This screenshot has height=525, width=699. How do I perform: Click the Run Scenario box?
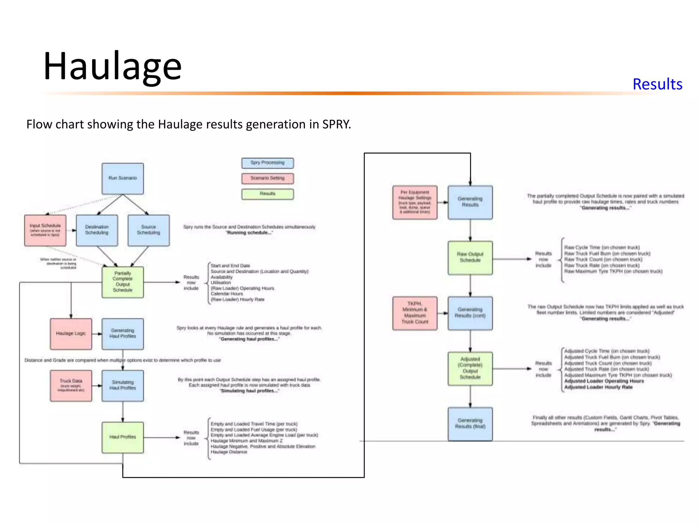(x=123, y=178)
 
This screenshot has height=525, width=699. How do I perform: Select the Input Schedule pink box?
(x=45, y=230)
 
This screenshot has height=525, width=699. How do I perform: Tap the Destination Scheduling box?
(x=97, y=230)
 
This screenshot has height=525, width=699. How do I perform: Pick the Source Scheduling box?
(x=148, y=230)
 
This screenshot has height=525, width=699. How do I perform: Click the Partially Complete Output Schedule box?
(x=123, y=282)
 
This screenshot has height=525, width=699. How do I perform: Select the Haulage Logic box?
(x=71, y=334)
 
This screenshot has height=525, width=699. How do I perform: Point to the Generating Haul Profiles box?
(x=123, y=334)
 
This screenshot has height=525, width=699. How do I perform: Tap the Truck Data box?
(x=71, y=386)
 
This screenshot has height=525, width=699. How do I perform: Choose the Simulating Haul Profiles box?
(x=123, y=386)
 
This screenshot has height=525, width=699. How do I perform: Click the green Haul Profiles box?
(x=123, y=437)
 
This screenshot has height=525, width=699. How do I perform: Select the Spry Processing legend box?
(x=267, y=163)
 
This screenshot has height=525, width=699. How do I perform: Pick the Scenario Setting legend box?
(x=267, y=178)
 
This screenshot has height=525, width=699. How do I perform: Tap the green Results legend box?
(x=267, y=194)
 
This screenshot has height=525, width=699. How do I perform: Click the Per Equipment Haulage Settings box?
(x=415, y=202)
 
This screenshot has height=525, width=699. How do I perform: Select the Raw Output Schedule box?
(x=470, y=258)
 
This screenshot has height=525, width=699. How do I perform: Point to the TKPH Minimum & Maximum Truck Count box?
(x=415, y=313)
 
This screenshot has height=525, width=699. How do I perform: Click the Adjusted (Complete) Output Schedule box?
(x=470, y=368)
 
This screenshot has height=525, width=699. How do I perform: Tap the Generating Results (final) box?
(x=470, y=424)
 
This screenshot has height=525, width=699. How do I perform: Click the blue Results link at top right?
(x=657, y=84)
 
